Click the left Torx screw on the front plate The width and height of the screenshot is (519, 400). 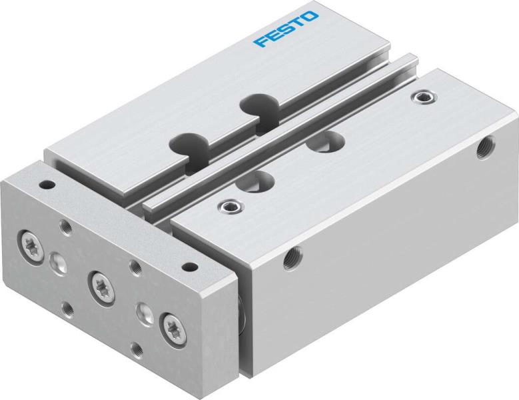click(31, 239)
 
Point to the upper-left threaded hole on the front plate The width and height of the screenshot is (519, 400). click(65, 227)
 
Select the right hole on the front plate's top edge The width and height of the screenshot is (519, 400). click(191, 267)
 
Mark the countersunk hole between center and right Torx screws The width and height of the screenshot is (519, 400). click(143, 310)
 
